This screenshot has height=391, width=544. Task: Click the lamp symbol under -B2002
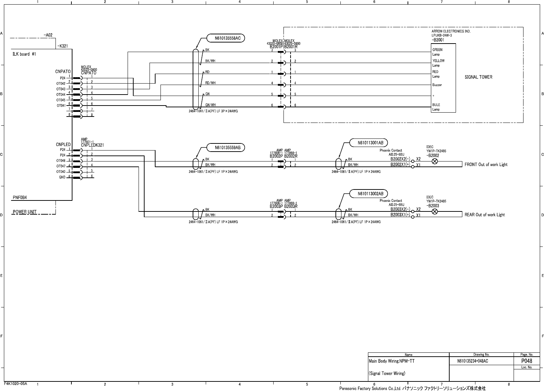(435, 161)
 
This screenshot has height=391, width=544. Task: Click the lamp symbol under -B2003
(435, 211)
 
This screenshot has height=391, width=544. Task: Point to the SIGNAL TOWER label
(478, 77)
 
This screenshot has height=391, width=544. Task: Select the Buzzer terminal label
(437, 85)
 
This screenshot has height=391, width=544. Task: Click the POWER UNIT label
(25, 212)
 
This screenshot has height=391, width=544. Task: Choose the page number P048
(526, 361)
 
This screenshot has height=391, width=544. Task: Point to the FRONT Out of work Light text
(486, 165)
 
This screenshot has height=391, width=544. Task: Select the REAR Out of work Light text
(485, 215)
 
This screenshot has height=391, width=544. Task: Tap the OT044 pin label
(61, 95)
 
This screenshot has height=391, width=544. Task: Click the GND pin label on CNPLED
(62, 177)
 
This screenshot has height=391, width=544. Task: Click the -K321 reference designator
(63, 46)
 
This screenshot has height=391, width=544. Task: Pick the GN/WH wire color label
(210, 105)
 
